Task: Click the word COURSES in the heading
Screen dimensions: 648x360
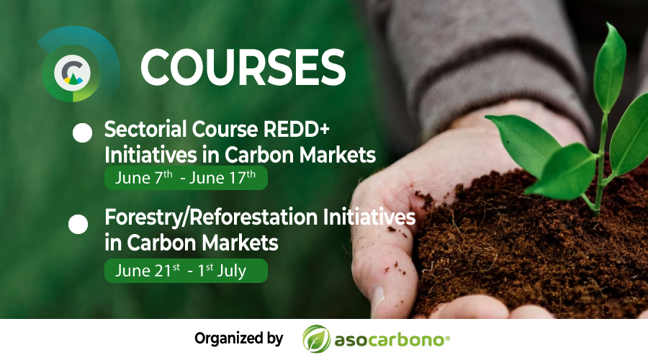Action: [243, 68]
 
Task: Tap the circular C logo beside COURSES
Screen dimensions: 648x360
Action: [72, 73]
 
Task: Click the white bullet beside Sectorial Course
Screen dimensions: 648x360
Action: [82, 133]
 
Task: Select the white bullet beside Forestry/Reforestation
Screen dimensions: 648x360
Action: [78, 225]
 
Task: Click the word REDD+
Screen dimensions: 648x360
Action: [297, 129]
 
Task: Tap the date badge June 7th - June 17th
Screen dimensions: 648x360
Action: [186, 178]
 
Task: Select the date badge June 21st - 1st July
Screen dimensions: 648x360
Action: [186, 271]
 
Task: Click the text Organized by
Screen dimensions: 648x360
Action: [239, 338]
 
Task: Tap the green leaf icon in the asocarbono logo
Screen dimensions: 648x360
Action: [317, 339]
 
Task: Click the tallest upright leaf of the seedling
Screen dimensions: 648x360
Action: [610, 68]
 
